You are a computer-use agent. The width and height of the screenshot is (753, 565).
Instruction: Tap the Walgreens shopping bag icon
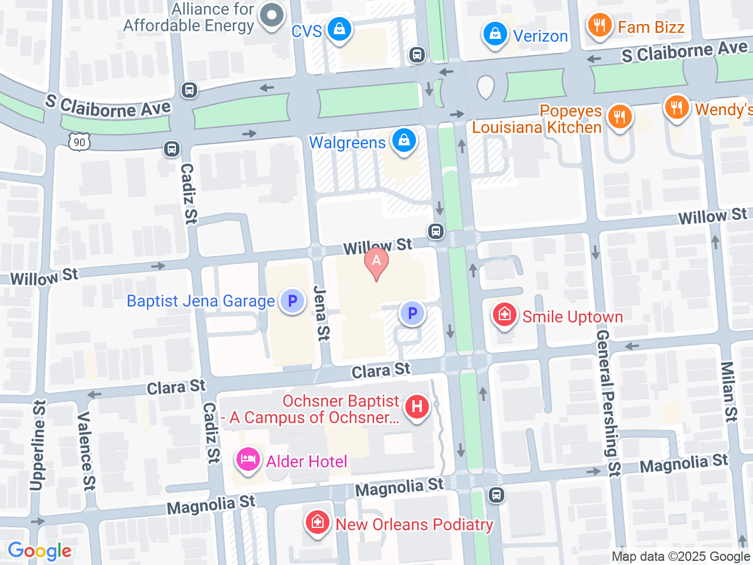click(404, 141)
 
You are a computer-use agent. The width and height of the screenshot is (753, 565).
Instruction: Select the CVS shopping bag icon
click(339, 29)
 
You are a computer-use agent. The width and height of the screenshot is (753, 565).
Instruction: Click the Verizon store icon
click(495, 35)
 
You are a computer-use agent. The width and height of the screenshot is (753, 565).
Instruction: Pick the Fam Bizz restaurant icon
click(599, 26)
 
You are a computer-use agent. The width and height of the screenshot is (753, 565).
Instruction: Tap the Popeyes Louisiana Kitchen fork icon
click(619, 117)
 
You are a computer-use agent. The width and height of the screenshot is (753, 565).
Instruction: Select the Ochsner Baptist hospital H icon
click(417, 407)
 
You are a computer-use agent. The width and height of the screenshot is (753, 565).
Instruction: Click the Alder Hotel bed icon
click(248, 460)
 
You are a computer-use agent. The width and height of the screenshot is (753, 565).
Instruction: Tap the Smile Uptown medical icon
click(505, 315)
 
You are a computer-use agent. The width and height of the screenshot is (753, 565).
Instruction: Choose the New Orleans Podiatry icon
click(318, 523)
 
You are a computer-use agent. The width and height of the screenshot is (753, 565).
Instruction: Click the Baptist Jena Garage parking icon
click(292, 301)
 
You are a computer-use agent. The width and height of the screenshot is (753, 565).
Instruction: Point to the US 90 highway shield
click(79, 142)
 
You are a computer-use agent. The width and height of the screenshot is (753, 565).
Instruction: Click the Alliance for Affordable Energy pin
click(271, 16)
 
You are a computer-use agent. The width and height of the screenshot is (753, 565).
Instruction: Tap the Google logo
click(39, 551)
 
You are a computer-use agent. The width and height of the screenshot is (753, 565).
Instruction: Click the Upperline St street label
click(37, 446)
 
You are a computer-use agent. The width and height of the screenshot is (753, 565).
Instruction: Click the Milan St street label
click(729, 392)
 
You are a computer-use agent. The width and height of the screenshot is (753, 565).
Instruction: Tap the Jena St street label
click(321, 313)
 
